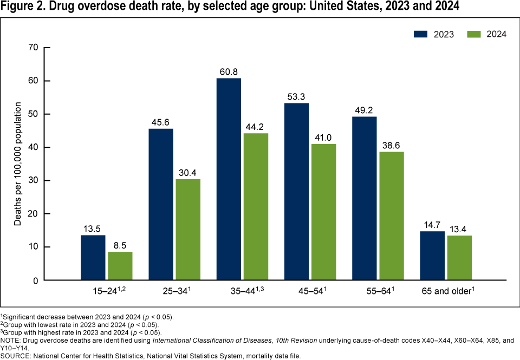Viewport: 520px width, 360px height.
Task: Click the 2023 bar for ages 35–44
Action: [229, 179]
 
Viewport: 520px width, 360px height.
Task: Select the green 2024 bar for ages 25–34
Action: [188, 230]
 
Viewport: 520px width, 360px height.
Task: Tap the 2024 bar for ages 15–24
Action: [120, 266]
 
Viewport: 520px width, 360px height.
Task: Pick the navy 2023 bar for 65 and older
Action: [433, 256]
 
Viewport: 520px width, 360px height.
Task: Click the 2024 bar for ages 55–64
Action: [392, 216]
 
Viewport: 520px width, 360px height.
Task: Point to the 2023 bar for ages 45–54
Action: [296, 192]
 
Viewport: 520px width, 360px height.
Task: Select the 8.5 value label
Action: [120, 246]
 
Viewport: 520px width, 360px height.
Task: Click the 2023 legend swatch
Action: [421, 34]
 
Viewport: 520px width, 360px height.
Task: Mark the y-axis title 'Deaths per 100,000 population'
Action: [18, 164]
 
